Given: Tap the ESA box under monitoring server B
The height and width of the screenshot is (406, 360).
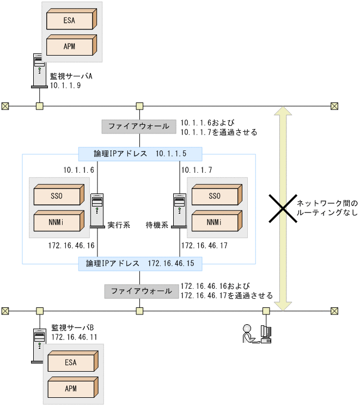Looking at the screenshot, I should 71,362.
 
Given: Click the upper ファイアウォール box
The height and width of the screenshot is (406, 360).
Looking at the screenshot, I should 138,126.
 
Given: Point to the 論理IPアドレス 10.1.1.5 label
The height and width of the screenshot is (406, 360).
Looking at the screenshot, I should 140,154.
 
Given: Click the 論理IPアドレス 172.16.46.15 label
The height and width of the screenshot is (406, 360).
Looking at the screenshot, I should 140,264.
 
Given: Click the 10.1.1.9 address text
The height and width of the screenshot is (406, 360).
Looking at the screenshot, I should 65,85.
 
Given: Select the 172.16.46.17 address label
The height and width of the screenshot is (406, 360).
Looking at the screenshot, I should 204,246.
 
